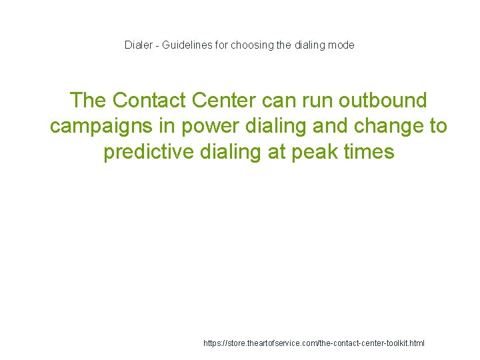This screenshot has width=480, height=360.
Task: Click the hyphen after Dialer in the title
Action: click(159, 45)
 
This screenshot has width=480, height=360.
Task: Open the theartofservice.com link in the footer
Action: click(314, 343)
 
